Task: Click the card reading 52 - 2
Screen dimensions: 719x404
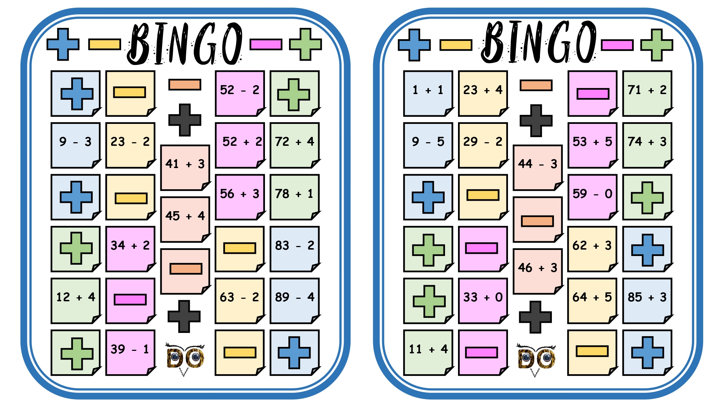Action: [240, 93]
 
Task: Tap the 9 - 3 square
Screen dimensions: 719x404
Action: [76, 145]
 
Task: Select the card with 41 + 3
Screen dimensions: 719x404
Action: [186, 168]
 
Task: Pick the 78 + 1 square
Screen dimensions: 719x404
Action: [295, 197]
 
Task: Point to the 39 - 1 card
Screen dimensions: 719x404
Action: [131, 353]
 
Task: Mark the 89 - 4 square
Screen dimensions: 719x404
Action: [295, 301]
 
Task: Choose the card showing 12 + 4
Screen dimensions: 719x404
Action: [76, 301]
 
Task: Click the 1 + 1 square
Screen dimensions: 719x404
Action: [429, 93]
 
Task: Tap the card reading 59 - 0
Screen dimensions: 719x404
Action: [593, 197]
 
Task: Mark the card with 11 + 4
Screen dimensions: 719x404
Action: [429, 353]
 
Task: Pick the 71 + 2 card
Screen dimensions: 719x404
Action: [647, 93]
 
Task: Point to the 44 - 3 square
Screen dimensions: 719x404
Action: [538, 168]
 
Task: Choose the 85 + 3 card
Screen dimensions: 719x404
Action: [647, 301]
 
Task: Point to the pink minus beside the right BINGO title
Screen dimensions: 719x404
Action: [617, 45]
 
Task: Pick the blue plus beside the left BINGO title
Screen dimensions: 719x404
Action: [63, 44]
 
